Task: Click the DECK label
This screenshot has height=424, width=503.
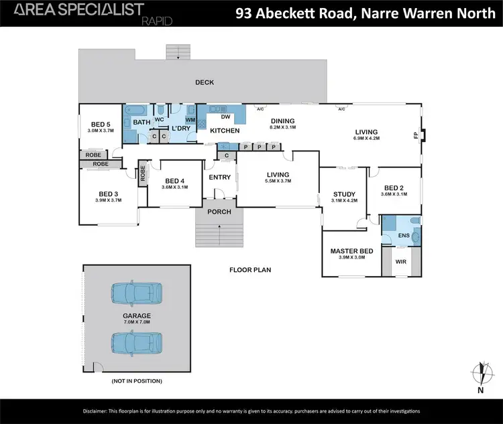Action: (x=204, y=82)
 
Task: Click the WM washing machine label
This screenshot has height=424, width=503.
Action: (x=190, y=120)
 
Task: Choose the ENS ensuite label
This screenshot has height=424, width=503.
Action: (x=402, y=236)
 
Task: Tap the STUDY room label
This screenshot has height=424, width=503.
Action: (x=345, y=196)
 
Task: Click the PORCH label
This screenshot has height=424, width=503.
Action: (x=219, y=212)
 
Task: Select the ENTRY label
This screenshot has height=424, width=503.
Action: (x=219, y=178)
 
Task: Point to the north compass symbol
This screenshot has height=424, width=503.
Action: (x=480, y=373)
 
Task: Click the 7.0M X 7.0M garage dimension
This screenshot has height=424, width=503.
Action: (x=136, y=322)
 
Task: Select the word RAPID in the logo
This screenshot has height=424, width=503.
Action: (x=158, y=21)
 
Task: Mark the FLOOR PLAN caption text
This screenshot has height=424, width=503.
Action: (x=249, y=270)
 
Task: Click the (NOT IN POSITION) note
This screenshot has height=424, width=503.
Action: (x=136, y=380)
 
